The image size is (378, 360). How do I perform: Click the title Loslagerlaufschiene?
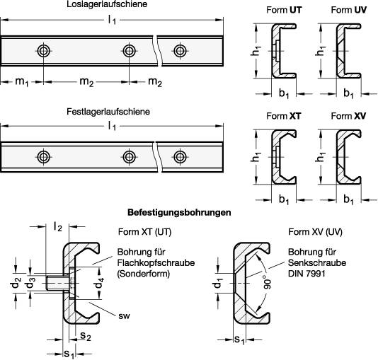[107, 4]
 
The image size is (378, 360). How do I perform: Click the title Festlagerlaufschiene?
[108, 112]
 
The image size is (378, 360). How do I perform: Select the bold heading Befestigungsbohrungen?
[179, 212]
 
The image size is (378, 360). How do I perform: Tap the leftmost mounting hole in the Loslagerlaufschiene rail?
[44, 51]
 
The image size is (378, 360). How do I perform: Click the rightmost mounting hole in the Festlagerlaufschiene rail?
[180, 157]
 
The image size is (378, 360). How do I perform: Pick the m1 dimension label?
[22, 82]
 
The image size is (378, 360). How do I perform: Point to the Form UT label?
[284, 10]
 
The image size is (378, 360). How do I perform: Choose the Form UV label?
[348, 10]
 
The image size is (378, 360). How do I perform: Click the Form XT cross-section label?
[284, 116]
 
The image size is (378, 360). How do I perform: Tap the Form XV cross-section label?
[348, 116]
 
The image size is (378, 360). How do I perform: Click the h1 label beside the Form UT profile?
[256, 51]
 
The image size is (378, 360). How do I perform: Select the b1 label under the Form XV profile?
[348, 199]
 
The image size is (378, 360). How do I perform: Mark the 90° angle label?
[267, 282]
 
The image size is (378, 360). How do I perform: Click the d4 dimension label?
[99, 283]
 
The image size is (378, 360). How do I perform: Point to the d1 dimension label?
[217, 283]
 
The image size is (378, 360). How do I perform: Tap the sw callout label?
[124, 315]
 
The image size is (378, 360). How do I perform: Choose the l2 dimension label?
[58, 226]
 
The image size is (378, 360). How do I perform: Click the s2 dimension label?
[86, 336]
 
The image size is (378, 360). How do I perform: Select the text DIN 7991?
[307, 274]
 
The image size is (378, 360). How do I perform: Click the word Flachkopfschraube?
[156, 262]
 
